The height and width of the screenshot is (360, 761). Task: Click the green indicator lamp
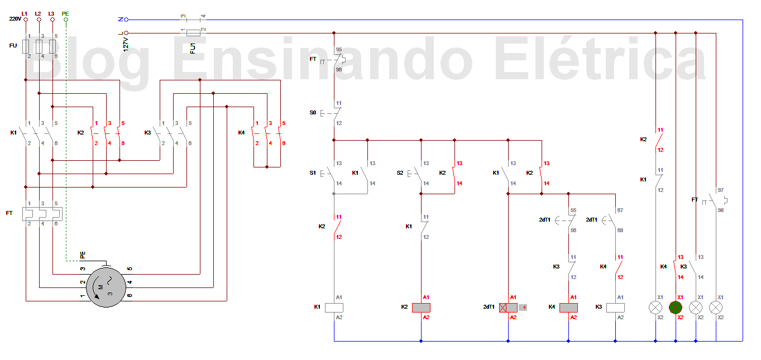pos(676,308)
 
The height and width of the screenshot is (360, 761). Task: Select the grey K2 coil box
pos(421,308)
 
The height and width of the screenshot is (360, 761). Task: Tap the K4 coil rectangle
pos(568,308)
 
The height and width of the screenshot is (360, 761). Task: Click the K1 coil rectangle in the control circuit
pos(334,308)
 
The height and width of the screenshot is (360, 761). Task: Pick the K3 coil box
pos(615,308)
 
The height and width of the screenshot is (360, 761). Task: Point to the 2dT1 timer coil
pos(508,308)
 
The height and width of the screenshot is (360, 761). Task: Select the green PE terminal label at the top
pos(65,13)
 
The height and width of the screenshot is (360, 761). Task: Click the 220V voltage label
pos(15,19)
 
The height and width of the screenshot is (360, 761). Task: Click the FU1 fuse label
pos(193,47)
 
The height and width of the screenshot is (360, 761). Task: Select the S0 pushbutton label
pos(313,113)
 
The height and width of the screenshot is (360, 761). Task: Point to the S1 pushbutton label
pos(313,173)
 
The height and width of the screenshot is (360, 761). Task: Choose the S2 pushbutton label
pos(400,173)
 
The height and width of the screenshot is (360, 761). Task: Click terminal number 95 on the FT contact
pos(338,50)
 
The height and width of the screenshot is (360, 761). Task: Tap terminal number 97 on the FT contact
pos(720,190)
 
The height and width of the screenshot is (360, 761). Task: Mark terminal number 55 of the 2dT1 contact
pos(573,210)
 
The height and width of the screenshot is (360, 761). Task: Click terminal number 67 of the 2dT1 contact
pos(620,210)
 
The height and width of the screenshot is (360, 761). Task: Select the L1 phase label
pos(24,13)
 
